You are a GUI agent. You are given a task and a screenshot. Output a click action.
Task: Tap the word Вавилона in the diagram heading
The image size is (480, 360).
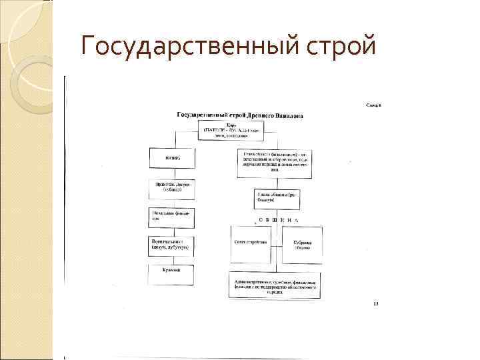tap(285, 115)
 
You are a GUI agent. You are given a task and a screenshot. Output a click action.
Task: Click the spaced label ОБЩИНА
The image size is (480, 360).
tap(274, 220)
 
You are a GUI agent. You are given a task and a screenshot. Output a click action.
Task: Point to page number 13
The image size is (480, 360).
tap(375, 304)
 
